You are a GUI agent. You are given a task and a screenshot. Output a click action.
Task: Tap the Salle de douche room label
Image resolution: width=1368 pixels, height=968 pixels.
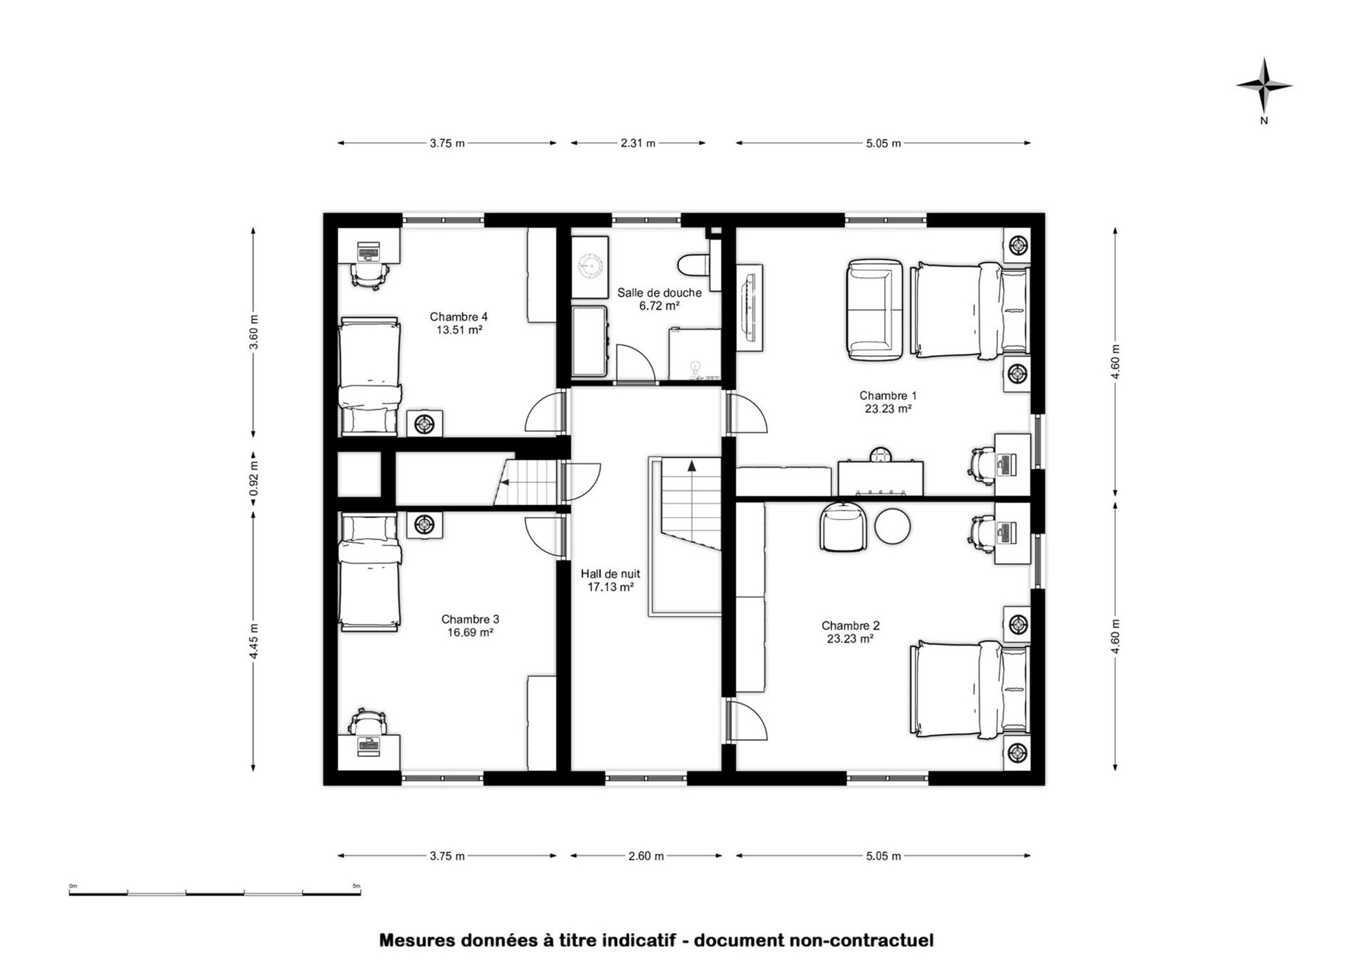click(659, 293)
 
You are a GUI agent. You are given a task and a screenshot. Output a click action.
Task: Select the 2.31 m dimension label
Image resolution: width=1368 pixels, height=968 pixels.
click(638, 143)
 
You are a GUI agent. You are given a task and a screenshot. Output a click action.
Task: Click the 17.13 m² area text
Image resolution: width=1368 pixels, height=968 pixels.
click(610, 587)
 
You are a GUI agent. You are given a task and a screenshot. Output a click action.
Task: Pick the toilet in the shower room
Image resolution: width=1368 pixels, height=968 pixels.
click(693, 265)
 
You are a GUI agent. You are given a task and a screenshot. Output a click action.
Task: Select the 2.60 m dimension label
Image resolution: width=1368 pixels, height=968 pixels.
click(646, 856)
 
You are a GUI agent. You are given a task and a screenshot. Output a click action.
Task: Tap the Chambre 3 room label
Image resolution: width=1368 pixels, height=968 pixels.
click(470, 619)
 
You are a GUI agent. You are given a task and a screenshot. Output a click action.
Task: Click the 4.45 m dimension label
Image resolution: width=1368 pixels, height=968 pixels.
click(254, 641)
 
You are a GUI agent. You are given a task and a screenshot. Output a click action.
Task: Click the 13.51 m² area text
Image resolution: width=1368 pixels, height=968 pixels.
click(459, 330)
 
